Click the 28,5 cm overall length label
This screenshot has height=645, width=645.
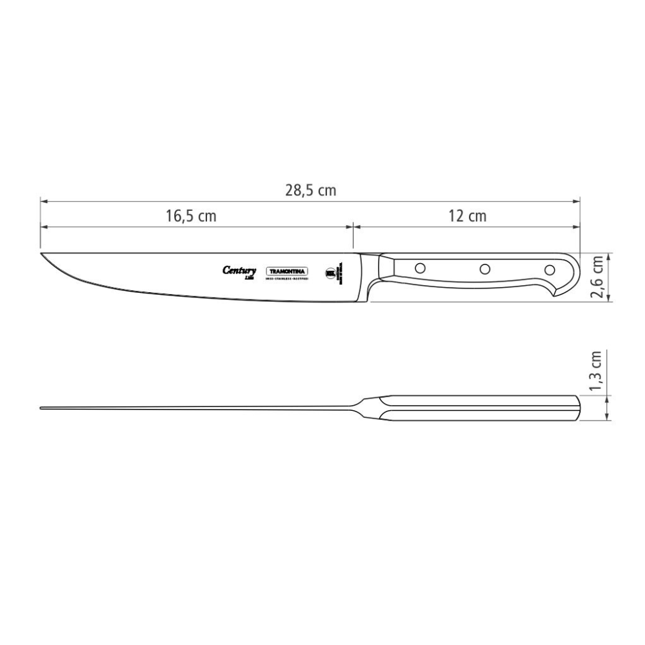click(310, 190)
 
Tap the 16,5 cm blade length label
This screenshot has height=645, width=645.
click(191, 217)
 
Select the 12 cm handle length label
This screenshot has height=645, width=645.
click(467, 217)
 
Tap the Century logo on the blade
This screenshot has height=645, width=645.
click(239, 271)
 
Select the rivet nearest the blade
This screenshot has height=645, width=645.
click(420, 266)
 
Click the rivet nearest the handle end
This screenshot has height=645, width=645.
click(550, 269)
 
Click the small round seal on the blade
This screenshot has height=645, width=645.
click(332, 272)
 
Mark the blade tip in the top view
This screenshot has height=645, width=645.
click(42, 408)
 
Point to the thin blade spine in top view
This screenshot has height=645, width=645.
click(193, 408)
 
